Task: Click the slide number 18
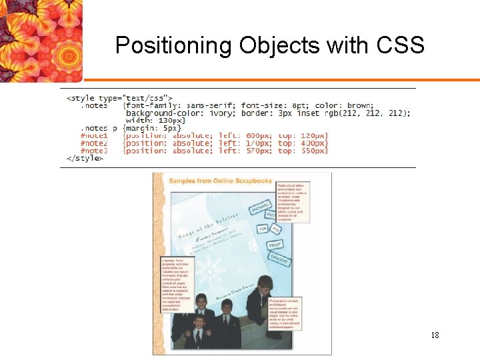[435, 335]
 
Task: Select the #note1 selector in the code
[94, 135]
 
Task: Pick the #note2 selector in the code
[94, 143]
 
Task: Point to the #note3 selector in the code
[94, 151]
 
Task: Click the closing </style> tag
[85, 159]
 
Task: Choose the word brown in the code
[361, 105]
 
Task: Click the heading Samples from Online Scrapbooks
[220, 181]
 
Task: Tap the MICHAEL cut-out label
[259, 208]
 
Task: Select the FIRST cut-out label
[275, 245]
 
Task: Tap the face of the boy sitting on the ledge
[265, 284]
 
